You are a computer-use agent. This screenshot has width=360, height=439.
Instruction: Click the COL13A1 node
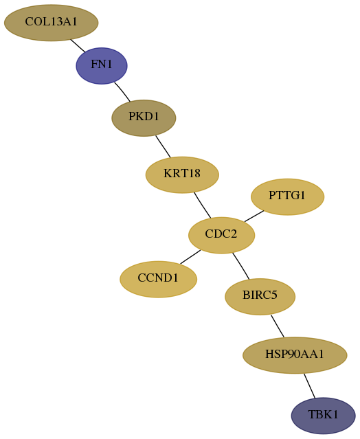click(x=52, y=23)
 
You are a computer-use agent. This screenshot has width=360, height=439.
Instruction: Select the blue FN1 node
click(x=102, y=66)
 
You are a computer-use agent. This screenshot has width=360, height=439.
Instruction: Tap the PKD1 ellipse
click(x=144, y=118)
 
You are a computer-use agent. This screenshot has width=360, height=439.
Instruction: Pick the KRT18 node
click(x=182, y=175)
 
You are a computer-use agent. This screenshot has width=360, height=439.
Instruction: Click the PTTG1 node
click(x=287, y=196)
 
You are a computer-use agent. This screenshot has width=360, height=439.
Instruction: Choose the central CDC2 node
click(x=221, y=235)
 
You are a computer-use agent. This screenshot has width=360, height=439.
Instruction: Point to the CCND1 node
click(x=159, y=279)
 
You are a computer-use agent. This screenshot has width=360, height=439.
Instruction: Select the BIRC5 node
click(x=260, y=297)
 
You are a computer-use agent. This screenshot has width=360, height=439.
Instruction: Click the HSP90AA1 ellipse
click(x=295, y=355)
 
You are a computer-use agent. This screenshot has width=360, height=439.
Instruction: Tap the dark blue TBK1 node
click(x=324, y=416)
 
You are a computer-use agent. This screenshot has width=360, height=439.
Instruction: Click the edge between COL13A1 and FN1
click(x=78, y=46)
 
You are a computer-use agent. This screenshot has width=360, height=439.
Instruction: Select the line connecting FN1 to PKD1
click(x=122, y=92)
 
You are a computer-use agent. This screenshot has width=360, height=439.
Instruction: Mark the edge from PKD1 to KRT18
click(x=163, y=146)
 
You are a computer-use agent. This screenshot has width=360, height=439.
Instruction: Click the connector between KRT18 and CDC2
click(x=203, y=205)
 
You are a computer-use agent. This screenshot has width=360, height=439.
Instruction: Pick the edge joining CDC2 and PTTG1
click(x=254, y=216)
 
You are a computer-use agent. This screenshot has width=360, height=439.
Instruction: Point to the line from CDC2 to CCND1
click(x=190, y=257)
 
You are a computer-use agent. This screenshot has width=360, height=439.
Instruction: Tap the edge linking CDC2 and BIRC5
click(x=240, y=266)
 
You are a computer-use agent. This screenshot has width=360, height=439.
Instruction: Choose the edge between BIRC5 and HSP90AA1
click(x=278, y=326)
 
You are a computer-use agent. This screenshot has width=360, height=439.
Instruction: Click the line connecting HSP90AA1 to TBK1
click(x=310, y=386)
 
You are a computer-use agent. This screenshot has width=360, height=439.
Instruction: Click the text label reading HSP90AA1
click(x=295, y=354)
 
